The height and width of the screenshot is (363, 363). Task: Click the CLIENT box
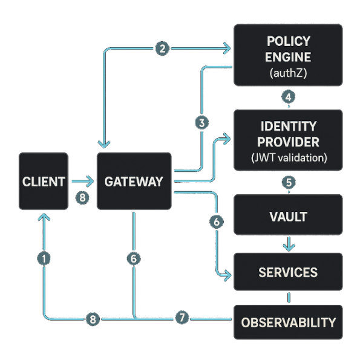click(44, 181)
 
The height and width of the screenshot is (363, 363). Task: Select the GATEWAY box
click(134, 181)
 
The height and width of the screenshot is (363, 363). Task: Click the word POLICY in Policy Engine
click(288, 42)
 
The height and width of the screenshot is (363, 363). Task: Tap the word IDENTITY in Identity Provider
click(288, 126)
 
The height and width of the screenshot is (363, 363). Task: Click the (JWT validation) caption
click(288, 159)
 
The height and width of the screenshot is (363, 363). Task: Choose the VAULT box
click(288, 215)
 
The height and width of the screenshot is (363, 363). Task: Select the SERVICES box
click(288, 272)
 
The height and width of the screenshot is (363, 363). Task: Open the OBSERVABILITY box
click(288, 322)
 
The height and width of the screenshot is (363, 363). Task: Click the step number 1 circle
click(44, 258)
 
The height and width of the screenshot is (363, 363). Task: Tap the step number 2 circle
click(162, 49)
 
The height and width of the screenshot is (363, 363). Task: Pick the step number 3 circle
click(202, 123)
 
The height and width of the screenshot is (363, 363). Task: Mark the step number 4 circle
click(288, 97)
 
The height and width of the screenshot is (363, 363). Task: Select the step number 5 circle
click(288, 181)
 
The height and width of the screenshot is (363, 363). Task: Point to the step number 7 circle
click(181, 318)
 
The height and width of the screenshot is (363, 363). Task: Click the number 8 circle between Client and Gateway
click(83, 197)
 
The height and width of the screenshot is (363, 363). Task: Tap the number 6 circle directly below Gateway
click(134, 258)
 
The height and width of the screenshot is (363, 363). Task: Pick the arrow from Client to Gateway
click(82, 181)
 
